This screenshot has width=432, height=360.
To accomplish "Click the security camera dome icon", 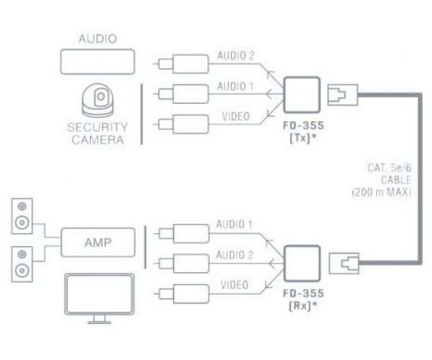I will point(99,102).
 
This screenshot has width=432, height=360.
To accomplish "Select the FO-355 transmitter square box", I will point(302,93).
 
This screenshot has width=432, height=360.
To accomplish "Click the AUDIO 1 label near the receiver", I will point(234,225).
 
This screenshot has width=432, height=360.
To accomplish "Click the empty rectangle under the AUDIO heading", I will point(96,62).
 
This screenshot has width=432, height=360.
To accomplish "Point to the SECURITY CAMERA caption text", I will point(97,134).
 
